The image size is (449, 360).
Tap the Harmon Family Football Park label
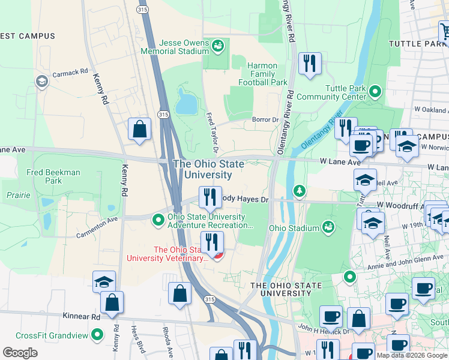tap(262, 74)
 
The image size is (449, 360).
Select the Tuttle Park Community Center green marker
tap(375, 92)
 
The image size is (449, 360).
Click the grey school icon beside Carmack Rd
tap(41, 81)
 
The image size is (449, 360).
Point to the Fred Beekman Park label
tap(54, 176)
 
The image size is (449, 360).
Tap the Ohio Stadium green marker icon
tap(328, 227)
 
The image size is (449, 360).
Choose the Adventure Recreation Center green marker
tap(158, 220)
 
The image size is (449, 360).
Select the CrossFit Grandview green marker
tap(97, 335)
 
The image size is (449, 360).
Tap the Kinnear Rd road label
tap(80, 316)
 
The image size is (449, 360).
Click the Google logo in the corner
tap(20, 353)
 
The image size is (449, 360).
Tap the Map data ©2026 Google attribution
tap(412, 355)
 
